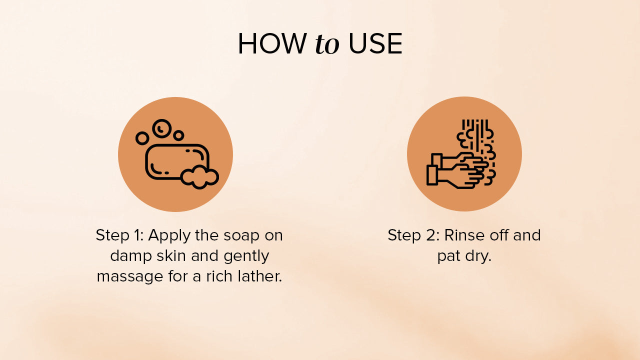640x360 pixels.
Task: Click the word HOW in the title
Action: point(272,43)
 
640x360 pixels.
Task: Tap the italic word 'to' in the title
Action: point(327,44)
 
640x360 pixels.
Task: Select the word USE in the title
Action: point(375,43)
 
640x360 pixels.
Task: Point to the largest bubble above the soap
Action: point(161,129)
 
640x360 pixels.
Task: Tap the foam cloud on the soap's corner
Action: point(199,177)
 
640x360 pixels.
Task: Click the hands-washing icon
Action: point(461,154)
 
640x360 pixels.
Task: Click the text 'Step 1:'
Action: point(119,235)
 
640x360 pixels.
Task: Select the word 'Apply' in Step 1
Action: point(169,235)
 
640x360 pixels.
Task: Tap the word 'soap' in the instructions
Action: point(241,235)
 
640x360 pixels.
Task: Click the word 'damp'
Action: point(131,255)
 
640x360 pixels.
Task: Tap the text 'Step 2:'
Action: point(413,235)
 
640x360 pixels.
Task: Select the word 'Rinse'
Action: point(464,235)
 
